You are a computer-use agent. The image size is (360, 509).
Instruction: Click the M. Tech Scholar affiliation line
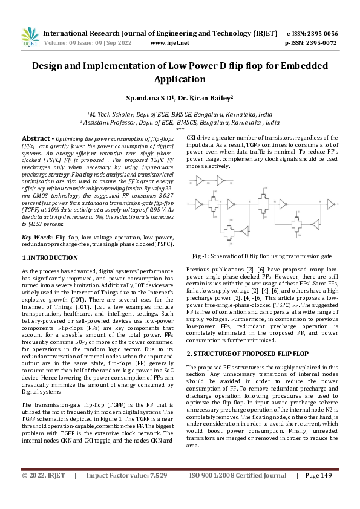coord(180,114)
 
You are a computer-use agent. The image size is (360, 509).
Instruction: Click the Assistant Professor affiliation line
coord(180,122)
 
